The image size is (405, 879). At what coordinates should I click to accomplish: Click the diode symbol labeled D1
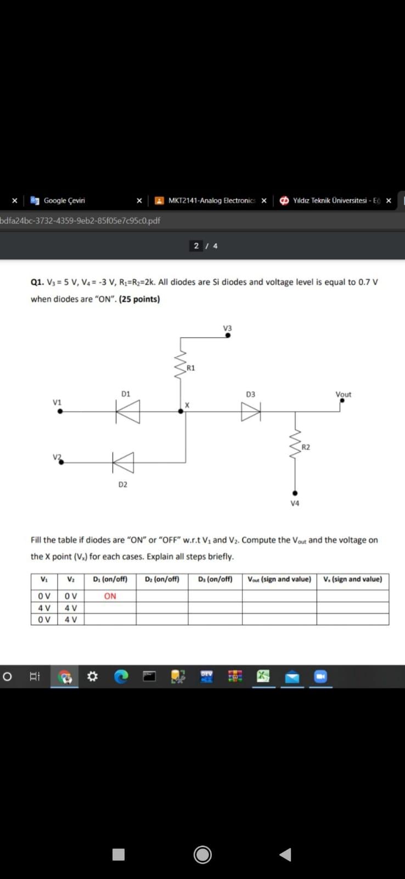pyautogui.click(x=128, y=411)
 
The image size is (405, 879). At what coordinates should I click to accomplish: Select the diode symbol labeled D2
pyautogui.click(x=123, y=462)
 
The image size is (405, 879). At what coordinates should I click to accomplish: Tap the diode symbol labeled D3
pyautogui.click(x=251, y=411)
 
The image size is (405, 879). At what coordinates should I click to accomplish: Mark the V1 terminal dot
pyautogui.click(x=60, y=411)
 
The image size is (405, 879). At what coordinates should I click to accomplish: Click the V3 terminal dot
pyautogui.click(x=228, y=335)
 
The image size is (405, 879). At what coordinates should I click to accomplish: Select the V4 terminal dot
pyautogui.click(x=295, y=493)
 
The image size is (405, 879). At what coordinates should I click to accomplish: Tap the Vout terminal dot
pyautogui.click(x=342, y=400)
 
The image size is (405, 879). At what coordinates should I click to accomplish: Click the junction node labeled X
pyautogui.click(x=181, y=411)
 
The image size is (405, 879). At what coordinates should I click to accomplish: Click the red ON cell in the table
pyautogui.click(x=110, y=596)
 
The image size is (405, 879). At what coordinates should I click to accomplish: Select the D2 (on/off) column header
pyautogui.click(x=162, y=579)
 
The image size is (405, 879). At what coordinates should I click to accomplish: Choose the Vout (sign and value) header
pyautogui.click(x=279, y=579)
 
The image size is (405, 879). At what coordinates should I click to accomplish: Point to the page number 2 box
pyautogui.click(x=196, y=246)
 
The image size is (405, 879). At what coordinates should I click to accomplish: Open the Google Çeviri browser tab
pyautogui.click(x=64, y=201)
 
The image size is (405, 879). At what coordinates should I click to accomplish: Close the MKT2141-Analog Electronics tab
pyautogui.click(x=264, y=201)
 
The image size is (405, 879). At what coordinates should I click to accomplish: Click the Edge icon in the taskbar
pyautogui.click(x=121, y=677)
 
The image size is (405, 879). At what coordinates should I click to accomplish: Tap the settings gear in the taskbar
pyautogui.click(x=93, y=677)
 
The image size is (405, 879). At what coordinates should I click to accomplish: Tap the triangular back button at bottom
pyautogui.click(x=285, y=854)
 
